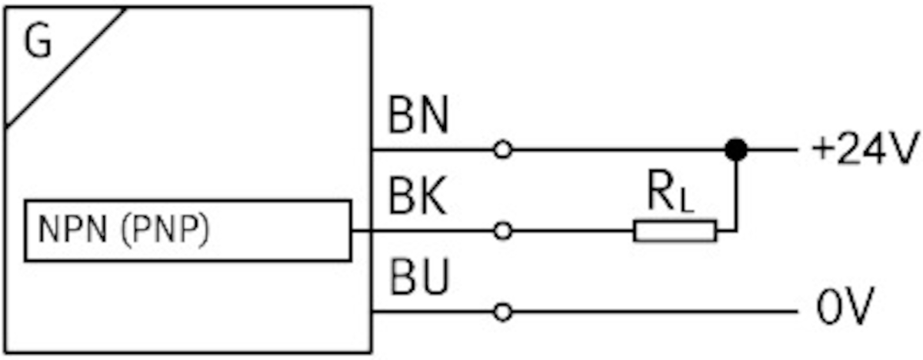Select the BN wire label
(x=418, y=117)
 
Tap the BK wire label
(x=418, y=198)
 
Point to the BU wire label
(x=418, y=278)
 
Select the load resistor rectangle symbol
(x=675, y=231)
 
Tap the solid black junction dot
(x=736, y=150)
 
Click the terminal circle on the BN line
(x=502, y=150)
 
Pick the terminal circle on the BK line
(x=502, y=231)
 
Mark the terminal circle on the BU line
(x=502, y=312)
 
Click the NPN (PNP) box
(x=188, y=231)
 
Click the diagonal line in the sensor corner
(x=65, y=68)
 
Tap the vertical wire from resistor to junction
(x=736, y=192)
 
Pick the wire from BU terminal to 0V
(x=654, y=312)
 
